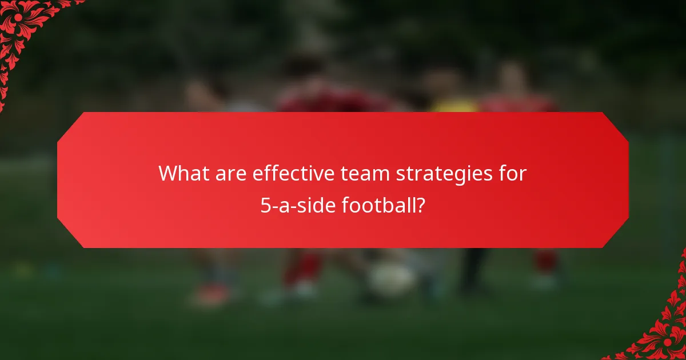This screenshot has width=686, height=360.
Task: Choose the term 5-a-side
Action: click(x=299, y=204)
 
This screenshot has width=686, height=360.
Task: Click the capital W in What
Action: click(x=167, y=173)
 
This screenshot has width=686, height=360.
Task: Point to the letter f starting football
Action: click(x=345, y=204)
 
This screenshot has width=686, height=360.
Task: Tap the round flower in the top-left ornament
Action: click(x=18, y=18)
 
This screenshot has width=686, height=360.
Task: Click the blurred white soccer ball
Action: click(x=390, y=279)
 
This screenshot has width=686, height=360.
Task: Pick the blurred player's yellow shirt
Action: click(x=453, y=105)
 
